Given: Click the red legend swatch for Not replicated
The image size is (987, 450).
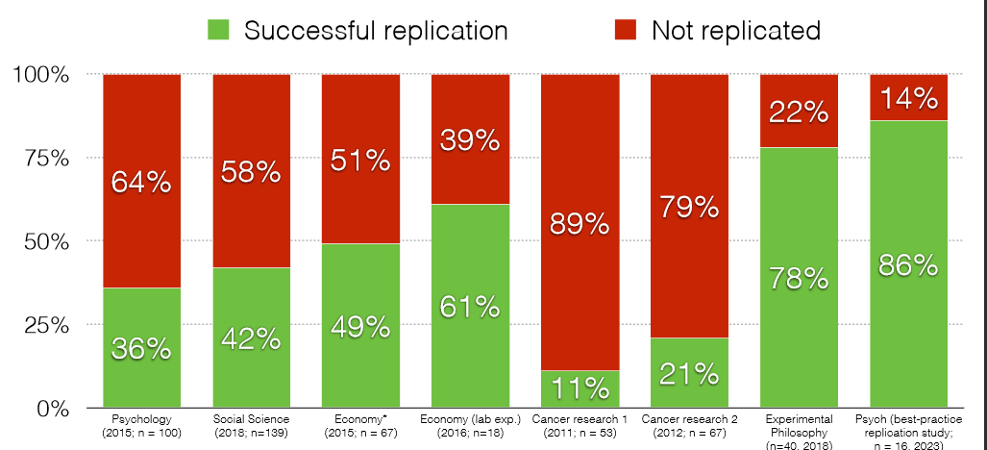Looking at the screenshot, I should pyautogui.click(x=625, y=30).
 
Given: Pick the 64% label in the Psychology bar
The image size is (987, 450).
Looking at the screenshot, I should pyautogui.click(x=143, y=182).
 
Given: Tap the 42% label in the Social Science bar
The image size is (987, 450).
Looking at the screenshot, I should pyautogui.click(x=252, y=337).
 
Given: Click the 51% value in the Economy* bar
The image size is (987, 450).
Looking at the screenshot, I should pyautogui.click(x=361, y=160).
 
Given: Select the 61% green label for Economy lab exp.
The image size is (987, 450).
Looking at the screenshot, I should pyautogui.click(x=470, y=307).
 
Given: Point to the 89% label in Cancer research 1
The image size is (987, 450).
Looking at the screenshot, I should pyautogui.click(x=580, y=223).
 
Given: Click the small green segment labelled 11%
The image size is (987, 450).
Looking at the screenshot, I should pyautogui.click(x=580, y=388).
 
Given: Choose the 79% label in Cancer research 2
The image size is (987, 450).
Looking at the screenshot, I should pyautogui.click(x=689, y=205).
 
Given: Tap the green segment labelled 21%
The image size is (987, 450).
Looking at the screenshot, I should pyautogui.click(x=689, y=372).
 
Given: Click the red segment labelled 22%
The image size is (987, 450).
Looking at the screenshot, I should pyautogui.click(x=798, y=112).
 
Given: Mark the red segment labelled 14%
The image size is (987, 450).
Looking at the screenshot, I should pyautogui.click(x=907, y=97).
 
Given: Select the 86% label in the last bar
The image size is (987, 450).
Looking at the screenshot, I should pyautogui.click(x=907, y=264).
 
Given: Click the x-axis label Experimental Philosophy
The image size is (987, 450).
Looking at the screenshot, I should pyautogui.click(x=798, y=432).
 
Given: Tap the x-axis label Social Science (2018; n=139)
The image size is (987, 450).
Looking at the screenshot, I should pyautogui.click(x=252, y=426).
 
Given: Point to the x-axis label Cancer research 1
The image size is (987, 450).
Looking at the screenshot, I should pyautogui.click(x=580, y=426).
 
